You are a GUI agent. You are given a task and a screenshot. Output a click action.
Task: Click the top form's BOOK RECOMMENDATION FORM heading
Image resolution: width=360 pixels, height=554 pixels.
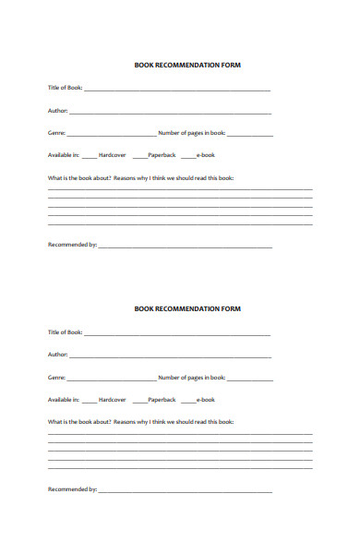click(x=188, y=66)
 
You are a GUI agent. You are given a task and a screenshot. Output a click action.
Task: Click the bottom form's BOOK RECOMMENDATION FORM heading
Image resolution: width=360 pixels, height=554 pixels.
click(x=188, y=308)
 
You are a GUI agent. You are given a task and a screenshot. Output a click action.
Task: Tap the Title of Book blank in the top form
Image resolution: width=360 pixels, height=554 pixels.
click(x=177, y=89)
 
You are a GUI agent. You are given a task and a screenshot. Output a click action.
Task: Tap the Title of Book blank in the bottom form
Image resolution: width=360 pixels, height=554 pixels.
click(x=177, y=332)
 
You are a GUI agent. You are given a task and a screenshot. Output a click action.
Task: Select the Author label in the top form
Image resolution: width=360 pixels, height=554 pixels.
click(x=57, y=111)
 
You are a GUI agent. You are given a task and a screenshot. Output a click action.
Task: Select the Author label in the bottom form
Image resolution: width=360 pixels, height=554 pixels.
click(x=57, y=354)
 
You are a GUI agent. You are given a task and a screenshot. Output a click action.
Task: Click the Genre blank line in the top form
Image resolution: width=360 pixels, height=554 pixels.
click(x=112, y=134)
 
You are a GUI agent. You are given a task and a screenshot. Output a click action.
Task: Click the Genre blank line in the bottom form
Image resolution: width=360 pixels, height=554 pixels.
click(x=112, y=378)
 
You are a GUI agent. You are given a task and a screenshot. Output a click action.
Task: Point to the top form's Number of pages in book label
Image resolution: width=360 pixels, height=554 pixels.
click(x=192, y=133)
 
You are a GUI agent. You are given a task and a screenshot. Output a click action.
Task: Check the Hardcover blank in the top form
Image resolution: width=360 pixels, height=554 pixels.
click(x=89, y=156)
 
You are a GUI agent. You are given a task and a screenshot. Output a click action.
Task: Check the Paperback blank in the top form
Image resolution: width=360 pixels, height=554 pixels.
click(x=139, y=156)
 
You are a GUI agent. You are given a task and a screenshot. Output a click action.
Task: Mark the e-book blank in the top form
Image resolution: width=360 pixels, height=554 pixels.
click(x=187, y=156)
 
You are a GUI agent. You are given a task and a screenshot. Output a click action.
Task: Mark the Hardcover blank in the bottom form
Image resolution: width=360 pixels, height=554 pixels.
click(x=89, y=400)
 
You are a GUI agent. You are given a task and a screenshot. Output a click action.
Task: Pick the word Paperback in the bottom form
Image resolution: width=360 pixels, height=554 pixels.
click(x=162, y=399)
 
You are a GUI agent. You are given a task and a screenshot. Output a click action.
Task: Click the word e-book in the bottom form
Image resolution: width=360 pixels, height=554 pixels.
click(x=205, y=399)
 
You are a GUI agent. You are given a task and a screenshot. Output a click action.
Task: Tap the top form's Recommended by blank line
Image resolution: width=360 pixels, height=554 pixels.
click(x=186, y=246)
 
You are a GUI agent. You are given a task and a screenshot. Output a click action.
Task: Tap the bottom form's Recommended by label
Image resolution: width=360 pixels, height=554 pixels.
click(x=72, y=488)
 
